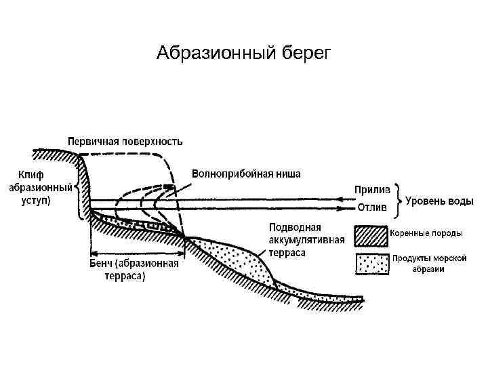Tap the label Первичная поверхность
point(125,142)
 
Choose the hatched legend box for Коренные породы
point(371,235)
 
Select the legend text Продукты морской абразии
point(429,264)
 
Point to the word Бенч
point(102,264)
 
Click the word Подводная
point(295,227)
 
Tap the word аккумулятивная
point(306,240)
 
